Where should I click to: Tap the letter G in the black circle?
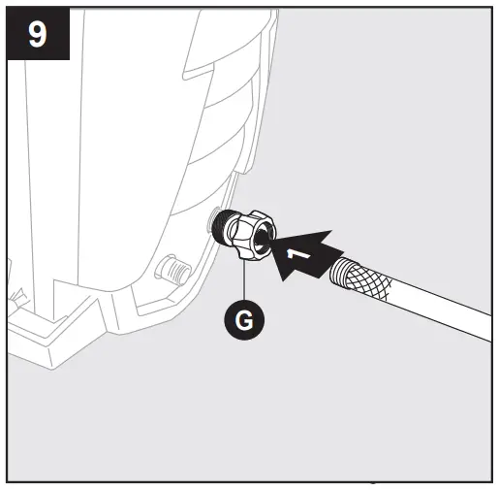click(245, 319)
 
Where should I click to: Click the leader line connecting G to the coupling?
click(245, 281)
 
